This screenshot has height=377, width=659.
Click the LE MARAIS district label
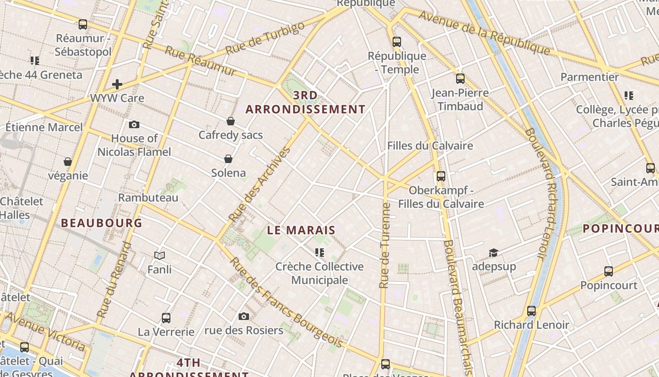[x=301, y=230]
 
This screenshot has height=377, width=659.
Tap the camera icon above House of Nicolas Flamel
[x=134, y=125]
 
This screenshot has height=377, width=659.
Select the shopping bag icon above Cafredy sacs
[x=231, y=122]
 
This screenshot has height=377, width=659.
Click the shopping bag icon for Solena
[x=228, y=159]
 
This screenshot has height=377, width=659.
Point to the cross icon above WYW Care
[x=117, y=85]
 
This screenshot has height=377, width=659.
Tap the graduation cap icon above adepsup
[x=493, y=253]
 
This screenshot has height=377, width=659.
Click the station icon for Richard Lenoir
[x=531, y=311]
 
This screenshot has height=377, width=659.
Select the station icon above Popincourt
[x=609, y=271]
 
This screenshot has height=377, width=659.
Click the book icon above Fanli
[x=160, y=256]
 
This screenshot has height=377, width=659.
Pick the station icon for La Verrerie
[x=166, y=318]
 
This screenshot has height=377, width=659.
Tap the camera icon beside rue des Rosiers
[x=243, y=316]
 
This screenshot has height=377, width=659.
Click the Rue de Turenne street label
[x=385, y=245]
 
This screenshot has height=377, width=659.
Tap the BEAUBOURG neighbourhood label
[x=102, y=223]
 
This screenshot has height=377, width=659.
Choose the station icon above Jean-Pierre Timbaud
[x=460, y=79]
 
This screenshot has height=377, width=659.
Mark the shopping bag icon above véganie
[x=68, y=162]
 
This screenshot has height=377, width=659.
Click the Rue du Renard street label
[x=114, y=279]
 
